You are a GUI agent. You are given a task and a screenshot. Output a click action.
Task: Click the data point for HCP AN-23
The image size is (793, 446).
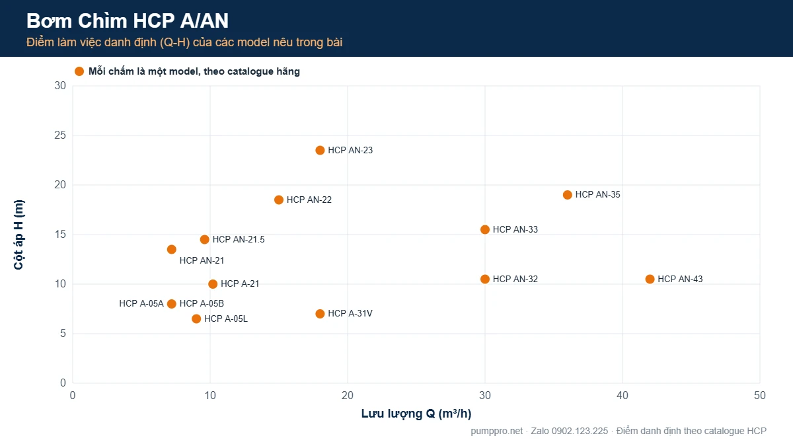tap(320, 151)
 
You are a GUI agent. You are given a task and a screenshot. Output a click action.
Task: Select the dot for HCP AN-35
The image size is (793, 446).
tap(567, 195)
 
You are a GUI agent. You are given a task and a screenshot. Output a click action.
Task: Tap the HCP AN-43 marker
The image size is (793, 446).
tap(650, 279)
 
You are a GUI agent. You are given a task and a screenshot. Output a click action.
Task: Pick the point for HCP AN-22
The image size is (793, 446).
tap(279, 200)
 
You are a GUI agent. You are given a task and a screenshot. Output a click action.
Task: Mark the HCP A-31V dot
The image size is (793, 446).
tap(320, 314)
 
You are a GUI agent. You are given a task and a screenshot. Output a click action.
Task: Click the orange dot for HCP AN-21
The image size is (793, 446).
tap(171, 250)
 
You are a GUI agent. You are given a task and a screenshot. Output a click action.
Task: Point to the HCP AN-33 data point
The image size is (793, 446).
tap(484, 230)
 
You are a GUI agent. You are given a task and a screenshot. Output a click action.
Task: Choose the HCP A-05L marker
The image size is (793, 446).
tap(196, 319)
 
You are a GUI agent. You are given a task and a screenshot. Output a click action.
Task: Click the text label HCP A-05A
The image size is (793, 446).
tap(141, 304)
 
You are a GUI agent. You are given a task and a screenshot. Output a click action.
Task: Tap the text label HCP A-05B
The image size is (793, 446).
tap(202, 304)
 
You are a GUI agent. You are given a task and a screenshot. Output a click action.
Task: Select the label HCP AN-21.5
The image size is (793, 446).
tap(239, 240)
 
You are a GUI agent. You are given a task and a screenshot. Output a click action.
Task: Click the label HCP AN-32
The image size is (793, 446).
tap(515, 279)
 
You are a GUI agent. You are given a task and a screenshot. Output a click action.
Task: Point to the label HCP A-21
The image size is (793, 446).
tap(240, 284)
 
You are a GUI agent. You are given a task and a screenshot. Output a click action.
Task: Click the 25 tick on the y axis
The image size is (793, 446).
tap(60, 135)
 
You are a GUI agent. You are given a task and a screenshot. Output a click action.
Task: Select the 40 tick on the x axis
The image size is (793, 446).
tap(623, 395)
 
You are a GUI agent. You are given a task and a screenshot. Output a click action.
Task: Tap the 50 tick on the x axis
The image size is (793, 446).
tap(760, 395)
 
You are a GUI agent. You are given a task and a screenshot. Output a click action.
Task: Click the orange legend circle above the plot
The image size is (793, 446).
tap(79, 71)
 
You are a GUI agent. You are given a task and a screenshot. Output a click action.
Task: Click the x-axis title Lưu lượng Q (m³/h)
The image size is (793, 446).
tap(416, 414)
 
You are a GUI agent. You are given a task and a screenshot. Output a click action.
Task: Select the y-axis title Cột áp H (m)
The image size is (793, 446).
tap(19, 235)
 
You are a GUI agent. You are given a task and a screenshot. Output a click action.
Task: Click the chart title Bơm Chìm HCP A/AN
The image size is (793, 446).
tap(128, 20)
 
